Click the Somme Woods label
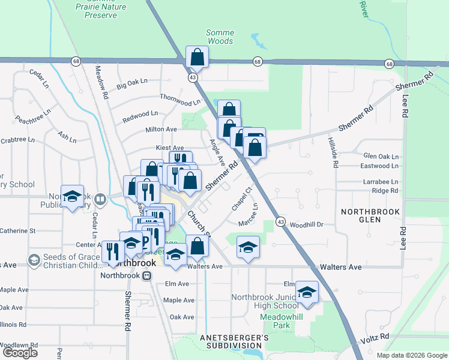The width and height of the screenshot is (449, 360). pyautogui.click(x=219, y=37)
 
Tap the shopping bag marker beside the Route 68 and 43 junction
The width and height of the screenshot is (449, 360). pyautogui.click(x=196, y=58)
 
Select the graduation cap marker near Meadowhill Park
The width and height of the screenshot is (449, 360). pyautogui.click(x=307, y=293)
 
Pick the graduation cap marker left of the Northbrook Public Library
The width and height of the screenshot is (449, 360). pyautogui.click(x=72, y=197)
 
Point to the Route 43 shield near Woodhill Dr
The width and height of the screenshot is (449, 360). pyautogui.click(x=280, y=222)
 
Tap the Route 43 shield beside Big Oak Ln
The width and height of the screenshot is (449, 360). pyautogui.click(x=193, y=78)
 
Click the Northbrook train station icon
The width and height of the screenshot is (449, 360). pyautogui.click(x=146, y=275)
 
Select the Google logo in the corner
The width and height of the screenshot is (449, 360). pyautogui.click(x=19, y=353)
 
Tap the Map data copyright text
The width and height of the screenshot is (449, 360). pyautogui.click(x=411, y=355)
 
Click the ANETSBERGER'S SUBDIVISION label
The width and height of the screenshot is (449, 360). pyautogui.click(x=234, y=343)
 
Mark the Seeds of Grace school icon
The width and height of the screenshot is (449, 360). pyautogui.click(x=34, y=260)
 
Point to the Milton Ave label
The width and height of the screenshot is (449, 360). pyautogui.click(x=161, y=129)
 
